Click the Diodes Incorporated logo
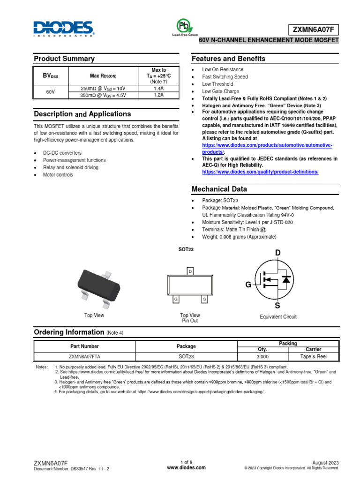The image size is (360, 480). tap(64, 28)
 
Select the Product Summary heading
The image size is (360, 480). tap(64, 59)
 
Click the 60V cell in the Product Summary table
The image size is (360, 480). tap(51, 92)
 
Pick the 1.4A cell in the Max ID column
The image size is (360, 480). tap(159, 88)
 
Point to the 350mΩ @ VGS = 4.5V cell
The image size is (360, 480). tap(103, 95)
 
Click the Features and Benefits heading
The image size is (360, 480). tap(228, 59)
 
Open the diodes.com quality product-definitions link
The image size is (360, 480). tap(260, 172)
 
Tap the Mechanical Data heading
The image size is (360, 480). tap(219, 189)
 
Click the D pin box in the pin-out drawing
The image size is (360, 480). tap(190, 272)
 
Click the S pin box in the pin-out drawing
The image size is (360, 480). tap(204, 299)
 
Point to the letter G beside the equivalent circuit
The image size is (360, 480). tap(248, 285)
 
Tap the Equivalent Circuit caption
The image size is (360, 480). tap(278, 317)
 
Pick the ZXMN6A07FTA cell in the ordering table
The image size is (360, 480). tap(84, 356)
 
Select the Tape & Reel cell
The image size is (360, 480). tap(313, 356)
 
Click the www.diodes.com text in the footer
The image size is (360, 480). tap(186, 467)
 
